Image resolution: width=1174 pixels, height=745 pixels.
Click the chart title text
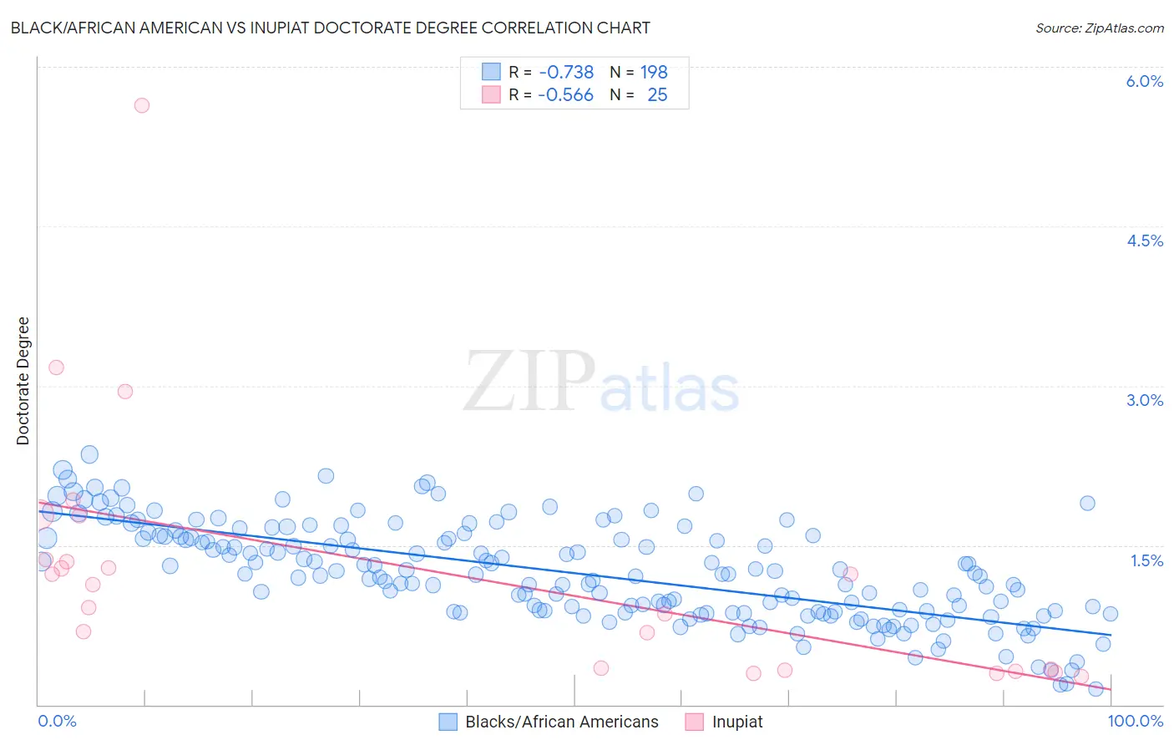[x=330, y=28]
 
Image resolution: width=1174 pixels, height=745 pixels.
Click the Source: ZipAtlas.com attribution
[x=1099, y=28]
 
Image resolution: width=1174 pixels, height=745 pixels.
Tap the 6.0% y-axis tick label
[x=1144, y=81]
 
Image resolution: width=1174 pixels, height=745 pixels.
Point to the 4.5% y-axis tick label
[x=1144, y=241]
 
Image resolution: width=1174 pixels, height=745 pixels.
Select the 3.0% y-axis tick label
[x=1144, y=400]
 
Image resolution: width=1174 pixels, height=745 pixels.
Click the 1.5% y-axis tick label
[x=1146, y=560]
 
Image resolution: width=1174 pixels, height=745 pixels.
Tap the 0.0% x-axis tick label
[x=57, y=721]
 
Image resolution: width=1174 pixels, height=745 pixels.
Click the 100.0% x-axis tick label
[x=1135, y=721]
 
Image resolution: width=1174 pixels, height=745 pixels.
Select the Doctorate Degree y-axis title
[x=23, y=381]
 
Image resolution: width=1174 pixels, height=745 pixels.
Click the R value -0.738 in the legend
[x=566, y=72]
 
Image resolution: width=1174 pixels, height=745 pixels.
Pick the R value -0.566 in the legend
[x=565, y=95]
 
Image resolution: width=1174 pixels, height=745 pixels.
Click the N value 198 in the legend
[x=654, y=72]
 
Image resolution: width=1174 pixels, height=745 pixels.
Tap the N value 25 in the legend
[x=657, y=95]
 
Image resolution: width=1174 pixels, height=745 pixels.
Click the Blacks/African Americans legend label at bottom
[x=561, y=722]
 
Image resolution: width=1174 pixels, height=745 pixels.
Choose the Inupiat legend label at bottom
[x=737, y=722]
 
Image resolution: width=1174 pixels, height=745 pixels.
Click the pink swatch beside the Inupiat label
[x=694, y=722]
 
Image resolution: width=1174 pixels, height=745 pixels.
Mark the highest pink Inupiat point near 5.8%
[x=142, y=105]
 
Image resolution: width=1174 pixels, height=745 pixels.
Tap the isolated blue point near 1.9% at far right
[x=1087, y=503]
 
